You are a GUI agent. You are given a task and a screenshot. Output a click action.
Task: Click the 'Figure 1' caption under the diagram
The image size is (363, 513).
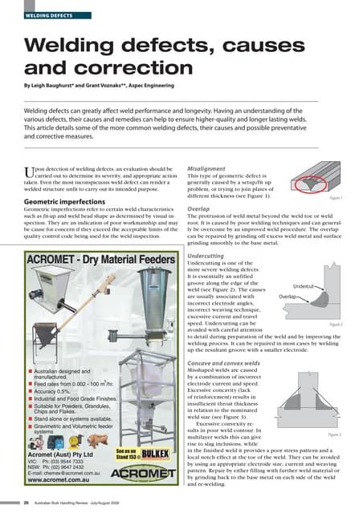point(336,197)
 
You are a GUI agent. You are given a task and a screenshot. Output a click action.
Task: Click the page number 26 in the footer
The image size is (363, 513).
point(27,503)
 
